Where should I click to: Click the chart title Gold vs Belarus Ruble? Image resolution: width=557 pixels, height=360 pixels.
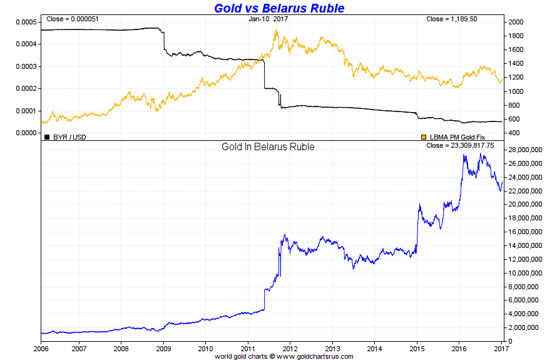click(279, 8)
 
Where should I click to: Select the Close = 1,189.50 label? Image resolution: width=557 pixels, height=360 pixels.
click(451, 19)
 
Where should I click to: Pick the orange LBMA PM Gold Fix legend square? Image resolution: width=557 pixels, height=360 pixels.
click(424, 136)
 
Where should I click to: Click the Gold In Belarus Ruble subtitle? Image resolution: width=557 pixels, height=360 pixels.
click(268, 147)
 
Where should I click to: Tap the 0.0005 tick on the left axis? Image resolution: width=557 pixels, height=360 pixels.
click(26, 22)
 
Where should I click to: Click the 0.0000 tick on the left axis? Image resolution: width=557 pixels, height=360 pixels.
click(26, 133)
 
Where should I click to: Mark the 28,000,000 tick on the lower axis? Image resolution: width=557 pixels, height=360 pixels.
click(527, 150)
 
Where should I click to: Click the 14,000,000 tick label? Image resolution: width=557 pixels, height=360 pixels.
click(527, 246)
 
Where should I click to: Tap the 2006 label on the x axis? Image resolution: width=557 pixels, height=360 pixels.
click(41, 347)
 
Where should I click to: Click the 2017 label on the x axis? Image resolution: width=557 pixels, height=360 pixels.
click(501, 347)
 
